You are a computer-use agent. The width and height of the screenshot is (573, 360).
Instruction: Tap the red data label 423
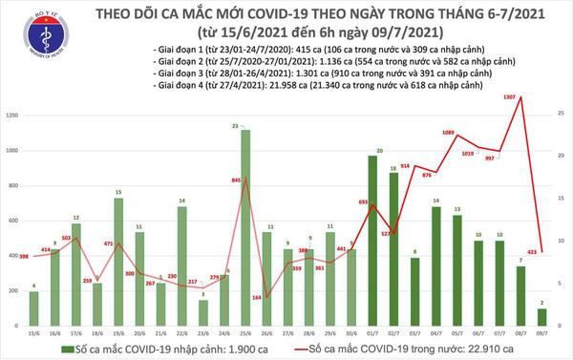point(531,252)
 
